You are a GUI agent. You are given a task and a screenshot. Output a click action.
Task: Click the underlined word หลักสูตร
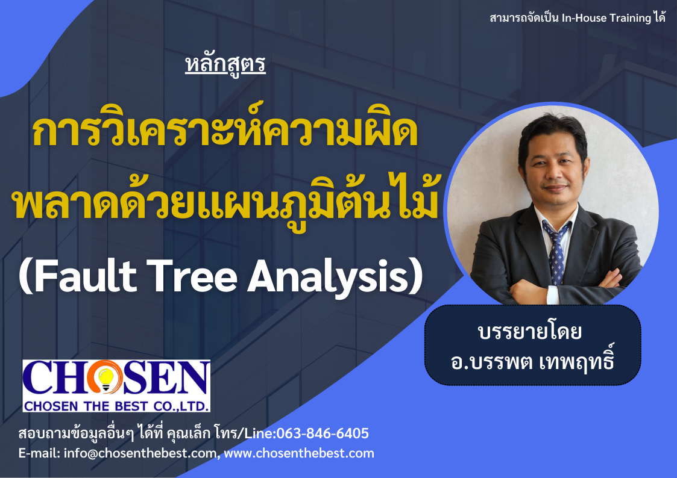[x=225, y=65]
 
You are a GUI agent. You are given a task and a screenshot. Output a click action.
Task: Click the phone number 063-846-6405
[x=323, y=433]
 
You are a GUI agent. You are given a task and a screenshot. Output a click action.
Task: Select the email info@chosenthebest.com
[x=140, y=453]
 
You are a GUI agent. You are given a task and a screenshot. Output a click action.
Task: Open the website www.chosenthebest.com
[x=299, y=453]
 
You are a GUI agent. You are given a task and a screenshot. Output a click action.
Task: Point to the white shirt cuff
[x=553, y=295]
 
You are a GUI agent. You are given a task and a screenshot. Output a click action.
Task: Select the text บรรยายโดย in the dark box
[x=530, y=331]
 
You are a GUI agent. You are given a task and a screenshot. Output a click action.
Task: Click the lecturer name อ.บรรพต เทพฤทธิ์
[x=532, y=361]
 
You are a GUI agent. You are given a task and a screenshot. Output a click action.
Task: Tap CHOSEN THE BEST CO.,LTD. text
[x=116, y=406]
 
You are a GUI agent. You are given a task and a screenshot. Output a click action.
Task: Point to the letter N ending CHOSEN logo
[x=192, y=377]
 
